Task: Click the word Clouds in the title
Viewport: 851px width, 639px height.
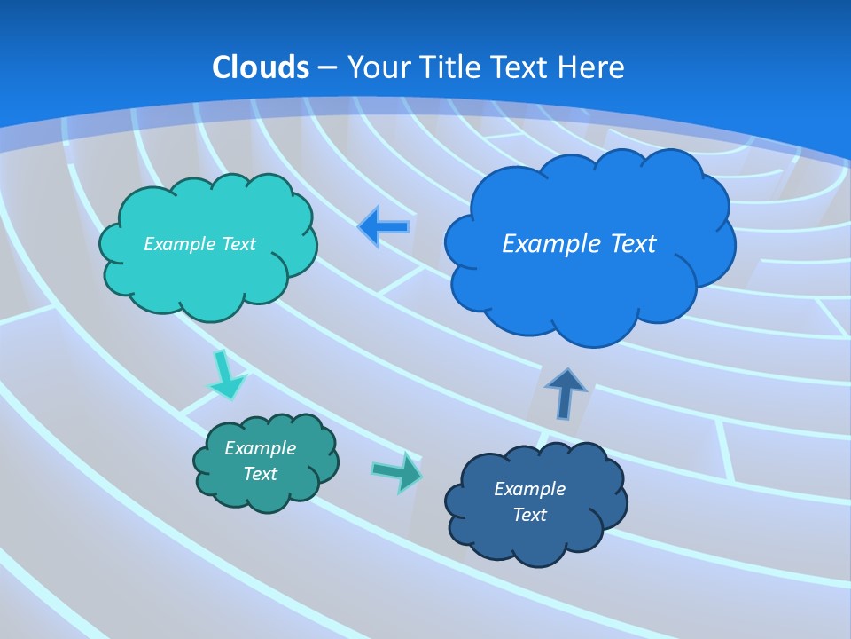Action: (261, 67)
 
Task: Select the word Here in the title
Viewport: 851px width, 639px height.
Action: (593, 67)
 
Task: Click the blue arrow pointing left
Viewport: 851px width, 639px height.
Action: (384, 227)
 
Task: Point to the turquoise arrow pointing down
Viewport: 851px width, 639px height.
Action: (225, 376)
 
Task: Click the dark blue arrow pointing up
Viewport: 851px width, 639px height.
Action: (566, 392)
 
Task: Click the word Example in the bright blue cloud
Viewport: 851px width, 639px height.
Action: (543, 244)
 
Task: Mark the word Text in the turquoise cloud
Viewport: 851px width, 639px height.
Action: (238, 244)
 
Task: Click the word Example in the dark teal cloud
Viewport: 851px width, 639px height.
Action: (260, 448)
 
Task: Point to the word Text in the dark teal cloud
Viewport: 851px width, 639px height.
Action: (260, 474)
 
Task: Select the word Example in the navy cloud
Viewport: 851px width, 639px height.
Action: (529, 489)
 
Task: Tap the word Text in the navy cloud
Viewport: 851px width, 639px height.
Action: (529, 515)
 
